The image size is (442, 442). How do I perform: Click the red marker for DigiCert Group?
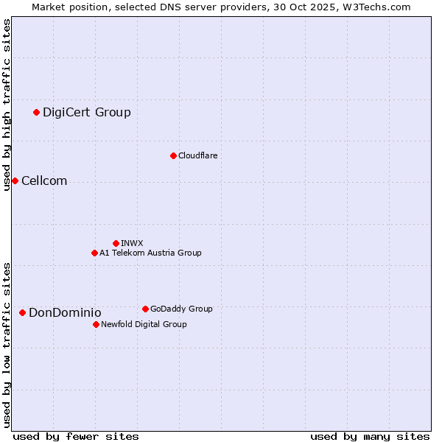[36, 112]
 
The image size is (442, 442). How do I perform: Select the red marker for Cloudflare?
[173, 155]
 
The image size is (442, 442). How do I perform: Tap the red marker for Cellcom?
[15, 180]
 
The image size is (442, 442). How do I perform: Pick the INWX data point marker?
[116, 243]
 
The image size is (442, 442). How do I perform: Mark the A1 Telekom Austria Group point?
[94, 253]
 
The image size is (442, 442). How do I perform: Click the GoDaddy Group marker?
[145, 309]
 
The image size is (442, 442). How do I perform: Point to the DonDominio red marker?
[22, 312]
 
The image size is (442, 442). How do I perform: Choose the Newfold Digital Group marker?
[96, 324]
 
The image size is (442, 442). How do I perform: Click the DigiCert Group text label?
[87, 112]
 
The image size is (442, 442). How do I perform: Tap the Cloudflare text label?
[198, 155]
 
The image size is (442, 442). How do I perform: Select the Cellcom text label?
[44, 180]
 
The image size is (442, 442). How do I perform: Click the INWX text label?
[133, 243]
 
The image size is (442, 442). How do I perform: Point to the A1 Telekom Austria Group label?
[150, 253]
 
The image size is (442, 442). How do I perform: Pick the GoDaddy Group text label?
[181, 309]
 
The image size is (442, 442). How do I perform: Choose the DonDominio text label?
[65, 312]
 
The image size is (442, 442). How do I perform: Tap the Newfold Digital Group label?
[144, 324]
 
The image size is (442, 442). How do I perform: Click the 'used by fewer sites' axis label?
[76, 436]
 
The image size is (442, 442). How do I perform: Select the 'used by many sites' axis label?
[370, 436]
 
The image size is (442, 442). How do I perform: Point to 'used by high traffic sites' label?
[7, 105]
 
